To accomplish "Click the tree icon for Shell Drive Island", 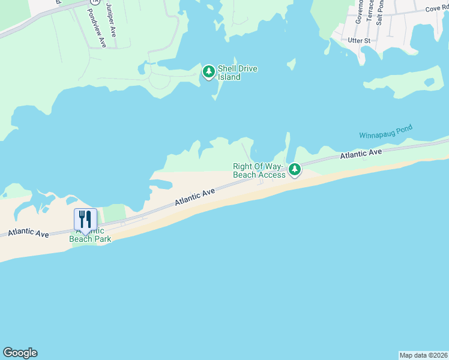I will click(x=208, y=72).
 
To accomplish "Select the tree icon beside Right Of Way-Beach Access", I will click(x=294, y=170).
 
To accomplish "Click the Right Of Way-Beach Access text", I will click(x=259, y=170).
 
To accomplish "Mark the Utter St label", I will click(x=360, y=40).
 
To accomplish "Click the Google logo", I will click(x=20, y=353).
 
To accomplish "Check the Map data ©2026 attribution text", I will click(x=423, y=355).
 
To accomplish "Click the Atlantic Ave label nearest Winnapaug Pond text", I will click(x=361, y=154).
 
